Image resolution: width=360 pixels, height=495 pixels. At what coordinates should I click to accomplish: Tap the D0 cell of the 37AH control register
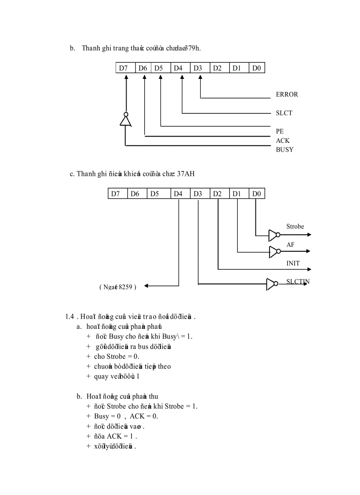pos(256,194)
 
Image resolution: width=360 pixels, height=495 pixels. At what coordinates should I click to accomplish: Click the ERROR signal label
pos(287,94)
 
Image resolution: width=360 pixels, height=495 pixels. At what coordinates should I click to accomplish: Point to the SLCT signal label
pos(284,113)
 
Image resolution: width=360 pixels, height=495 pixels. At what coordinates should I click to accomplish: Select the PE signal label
pos(280,131)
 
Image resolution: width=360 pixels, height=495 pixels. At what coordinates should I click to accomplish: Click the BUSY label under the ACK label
pos(285,149)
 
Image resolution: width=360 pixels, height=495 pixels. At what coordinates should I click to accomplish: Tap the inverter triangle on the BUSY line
pos(126,120)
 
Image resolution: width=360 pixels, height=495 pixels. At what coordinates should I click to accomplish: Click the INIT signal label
pos(293,263)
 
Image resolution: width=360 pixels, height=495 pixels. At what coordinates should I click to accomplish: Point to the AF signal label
pos(290,244)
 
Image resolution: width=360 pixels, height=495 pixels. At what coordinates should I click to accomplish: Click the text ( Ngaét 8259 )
pos(118,287)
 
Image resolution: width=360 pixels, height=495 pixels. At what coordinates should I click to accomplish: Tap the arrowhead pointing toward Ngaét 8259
pos(147,286)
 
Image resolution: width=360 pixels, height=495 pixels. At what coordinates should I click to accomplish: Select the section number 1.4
pos(69,316)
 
